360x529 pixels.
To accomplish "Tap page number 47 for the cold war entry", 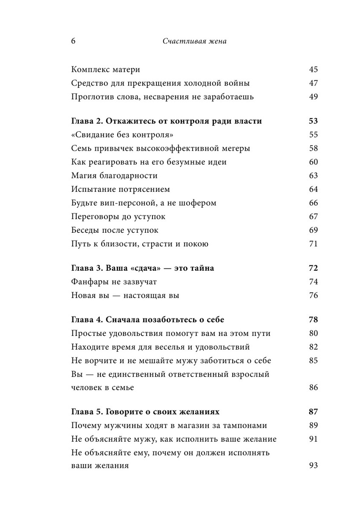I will coord(313,83).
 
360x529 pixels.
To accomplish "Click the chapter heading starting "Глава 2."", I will coord(166,121).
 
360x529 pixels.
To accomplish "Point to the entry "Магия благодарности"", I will coord(114,175).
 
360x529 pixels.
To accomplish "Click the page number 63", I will coord(313,175).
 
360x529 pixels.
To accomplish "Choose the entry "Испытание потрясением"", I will coord(120,189).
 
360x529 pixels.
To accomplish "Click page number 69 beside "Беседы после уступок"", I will coord(313,230).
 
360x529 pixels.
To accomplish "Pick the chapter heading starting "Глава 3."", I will coord(142,268).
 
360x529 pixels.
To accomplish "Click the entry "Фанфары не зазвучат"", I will coord(114,282).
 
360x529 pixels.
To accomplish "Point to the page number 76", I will coord(313,295).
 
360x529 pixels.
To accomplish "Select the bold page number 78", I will coord(313,320).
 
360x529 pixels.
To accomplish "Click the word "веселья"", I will coord(178,347).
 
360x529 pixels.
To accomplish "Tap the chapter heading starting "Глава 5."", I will coord(145,412).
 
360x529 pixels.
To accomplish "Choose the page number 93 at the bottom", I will coord(313,466).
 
